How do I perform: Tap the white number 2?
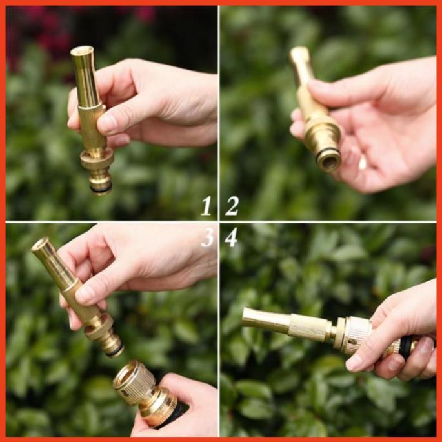coord(232,206)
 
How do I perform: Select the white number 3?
coord(208,237)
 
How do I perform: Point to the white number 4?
coord(231,237)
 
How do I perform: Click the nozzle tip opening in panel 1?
coord(82,51)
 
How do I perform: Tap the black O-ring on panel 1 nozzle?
coord(101,188)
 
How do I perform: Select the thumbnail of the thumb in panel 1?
coord(106,123)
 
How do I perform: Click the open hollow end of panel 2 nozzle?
coord(328,161)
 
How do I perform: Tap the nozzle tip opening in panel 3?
coord(40,244)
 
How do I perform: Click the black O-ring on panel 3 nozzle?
coord(115,350)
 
